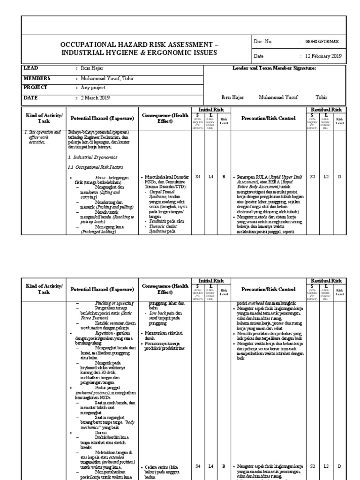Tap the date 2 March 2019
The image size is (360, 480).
point(94,98)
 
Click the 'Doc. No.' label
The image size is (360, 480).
point(263,42)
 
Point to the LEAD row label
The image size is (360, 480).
point(31,68)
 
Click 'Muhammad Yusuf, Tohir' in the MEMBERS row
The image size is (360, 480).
point(107,78)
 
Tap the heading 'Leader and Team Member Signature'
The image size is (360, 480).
point(274,68)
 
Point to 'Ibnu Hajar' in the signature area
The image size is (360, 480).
point(219,98)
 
